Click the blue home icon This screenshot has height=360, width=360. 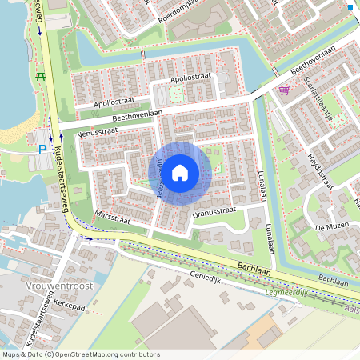click(x=180, y=172)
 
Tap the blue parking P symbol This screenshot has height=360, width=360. click(x=42, y=149)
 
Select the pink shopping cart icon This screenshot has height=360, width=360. click(x=285, y=90)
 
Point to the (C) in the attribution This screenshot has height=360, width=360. click(x=49, y=354)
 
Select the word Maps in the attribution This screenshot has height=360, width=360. click(x=11, y=354)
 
